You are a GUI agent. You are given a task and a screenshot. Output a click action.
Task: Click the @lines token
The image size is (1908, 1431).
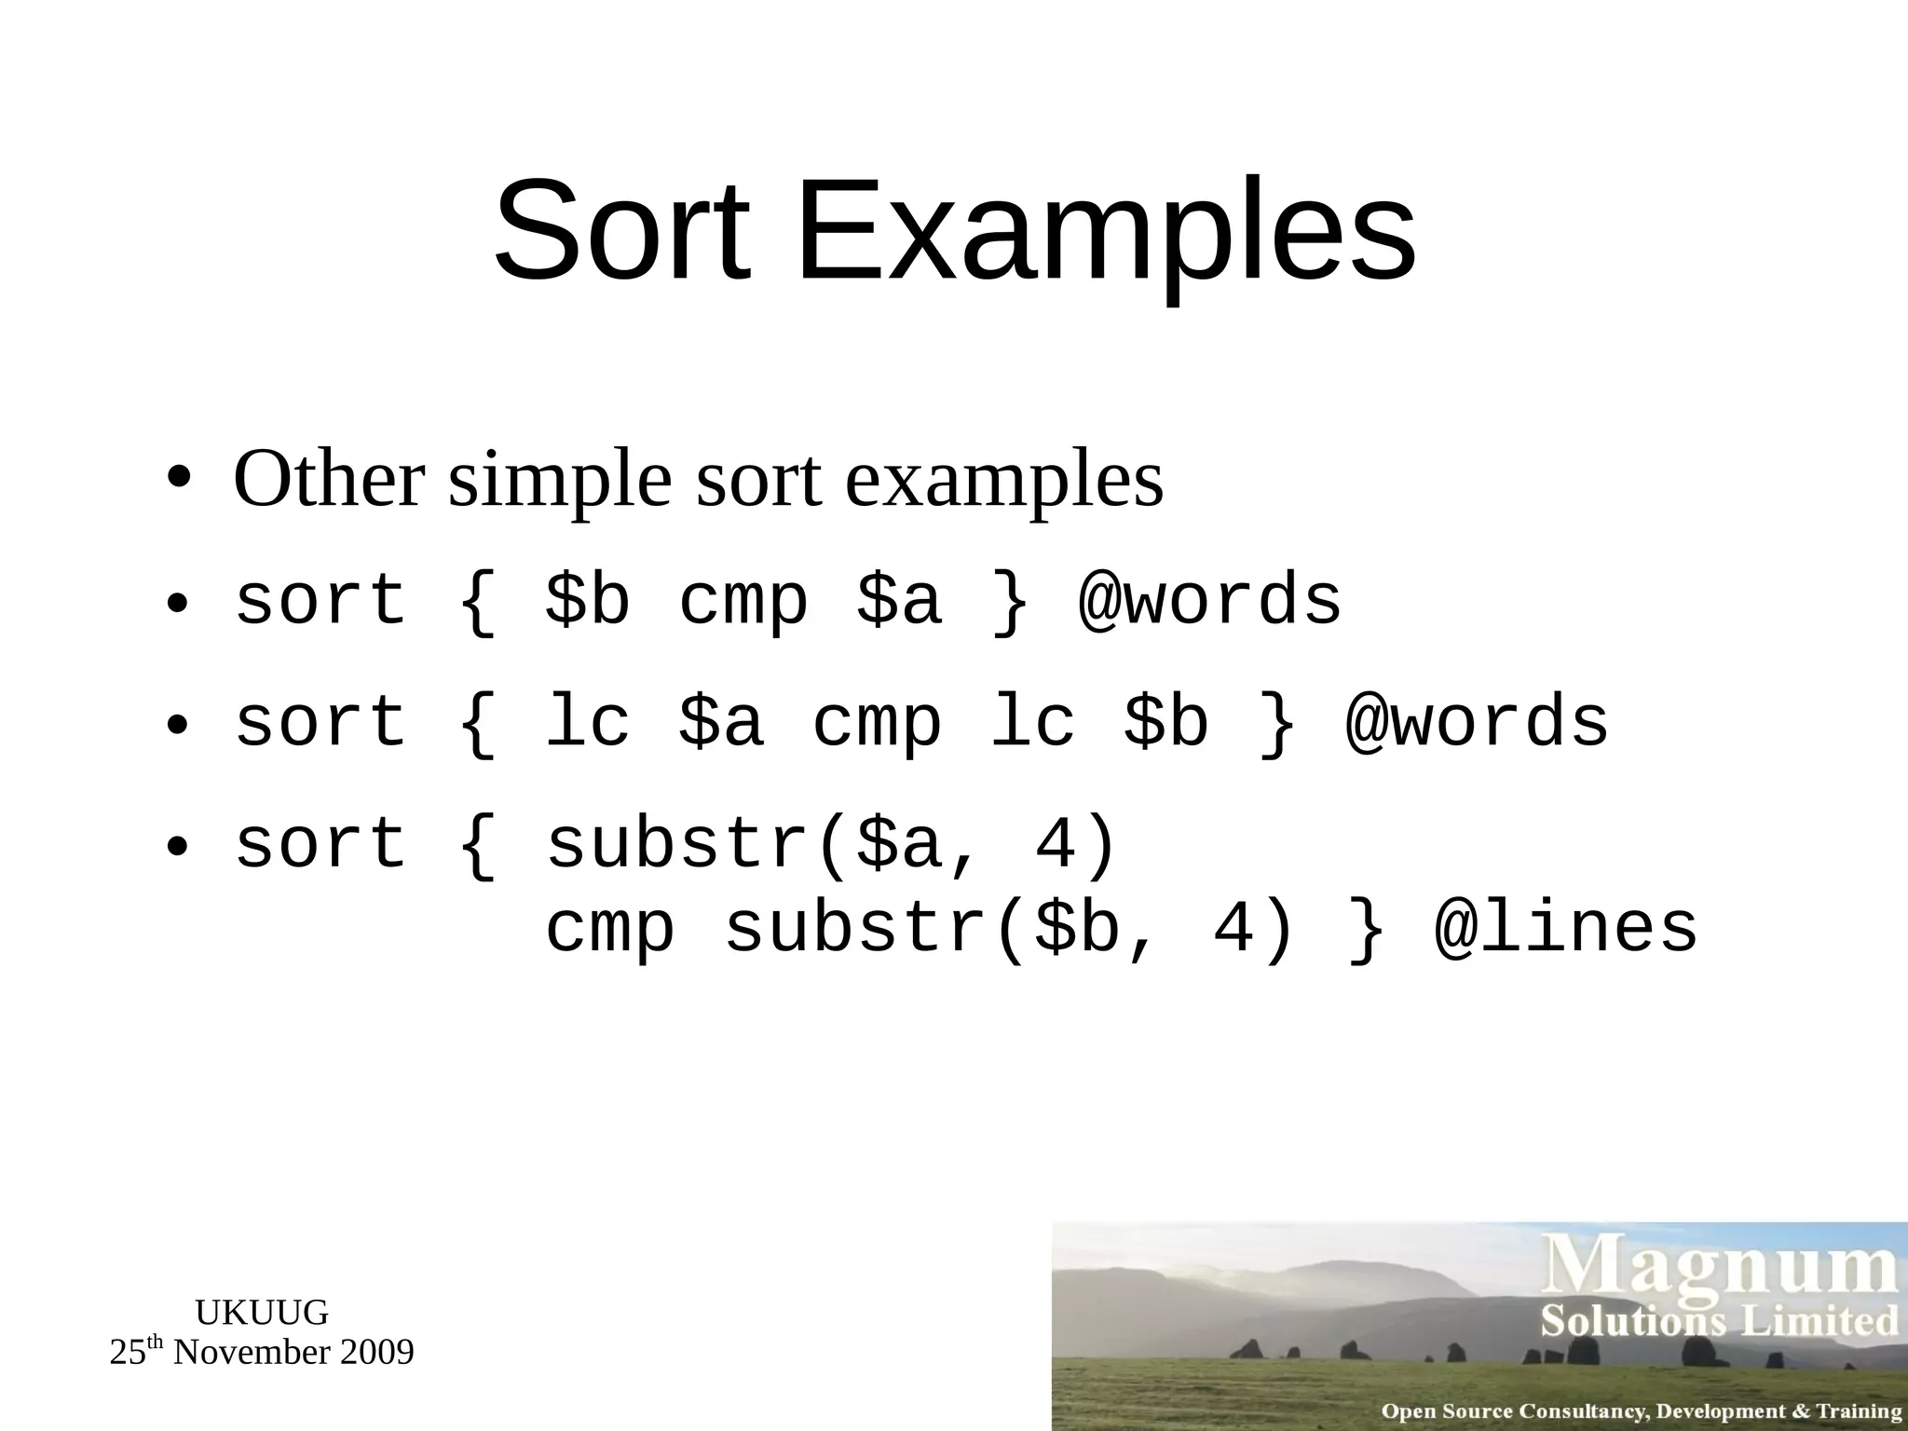coord(1565,929)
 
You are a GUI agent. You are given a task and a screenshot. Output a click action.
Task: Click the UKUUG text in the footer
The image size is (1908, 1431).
coord(262,1313)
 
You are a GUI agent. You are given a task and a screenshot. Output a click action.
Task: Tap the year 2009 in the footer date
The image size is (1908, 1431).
coord(376,1353)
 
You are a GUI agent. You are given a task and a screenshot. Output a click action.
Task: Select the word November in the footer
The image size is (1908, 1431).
coord(252,1353)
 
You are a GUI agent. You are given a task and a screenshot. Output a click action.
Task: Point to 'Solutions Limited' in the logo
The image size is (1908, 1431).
coord(1719,1321)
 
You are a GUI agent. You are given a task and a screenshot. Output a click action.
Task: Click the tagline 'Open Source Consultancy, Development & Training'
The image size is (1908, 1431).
coord(1641,1411)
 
